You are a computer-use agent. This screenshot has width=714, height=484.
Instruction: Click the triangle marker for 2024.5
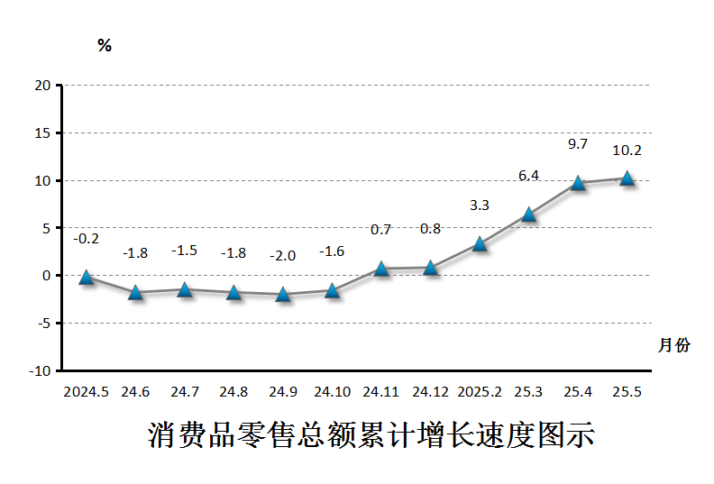[x=87, y=278]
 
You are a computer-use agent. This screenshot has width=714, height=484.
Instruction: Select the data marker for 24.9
[x=283, y=294]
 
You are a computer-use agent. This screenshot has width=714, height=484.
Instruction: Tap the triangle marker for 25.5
[x=627, y=178]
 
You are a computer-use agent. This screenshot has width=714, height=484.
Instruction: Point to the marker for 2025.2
[x=480, y=243]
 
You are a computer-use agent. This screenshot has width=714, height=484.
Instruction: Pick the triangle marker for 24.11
[x=381, y=269]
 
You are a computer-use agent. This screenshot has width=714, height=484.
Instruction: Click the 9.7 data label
[x=578, y=143]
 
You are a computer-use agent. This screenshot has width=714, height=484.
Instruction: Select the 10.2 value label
[x=627, y=151]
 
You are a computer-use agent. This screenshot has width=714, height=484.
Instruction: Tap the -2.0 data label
[x=283, y=256]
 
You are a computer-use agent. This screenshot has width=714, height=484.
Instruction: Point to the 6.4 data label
[x=529, y=175]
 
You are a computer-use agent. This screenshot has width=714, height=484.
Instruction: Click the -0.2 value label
[x=87, y=239]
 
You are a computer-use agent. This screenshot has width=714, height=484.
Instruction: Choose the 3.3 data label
[x=480, y=205]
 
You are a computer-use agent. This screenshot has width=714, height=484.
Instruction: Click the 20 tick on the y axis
[x=42, y=86]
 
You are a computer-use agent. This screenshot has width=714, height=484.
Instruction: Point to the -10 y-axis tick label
[x=40, y=370]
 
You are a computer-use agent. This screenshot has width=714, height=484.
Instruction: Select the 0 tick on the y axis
[x=46, y=276]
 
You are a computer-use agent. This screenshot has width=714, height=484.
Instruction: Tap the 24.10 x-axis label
[x=332, y=392]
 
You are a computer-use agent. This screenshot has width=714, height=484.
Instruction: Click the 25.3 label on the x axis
[x=529, y=392]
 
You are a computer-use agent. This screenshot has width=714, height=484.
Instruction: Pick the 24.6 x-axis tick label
[x=135, y=392]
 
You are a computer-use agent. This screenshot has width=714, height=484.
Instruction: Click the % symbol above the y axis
[x=105, y=46]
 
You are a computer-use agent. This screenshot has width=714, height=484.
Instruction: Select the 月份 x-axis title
[x=674, y=344]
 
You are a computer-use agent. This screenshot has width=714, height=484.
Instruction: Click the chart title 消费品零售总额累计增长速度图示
[x=371, y=435]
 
